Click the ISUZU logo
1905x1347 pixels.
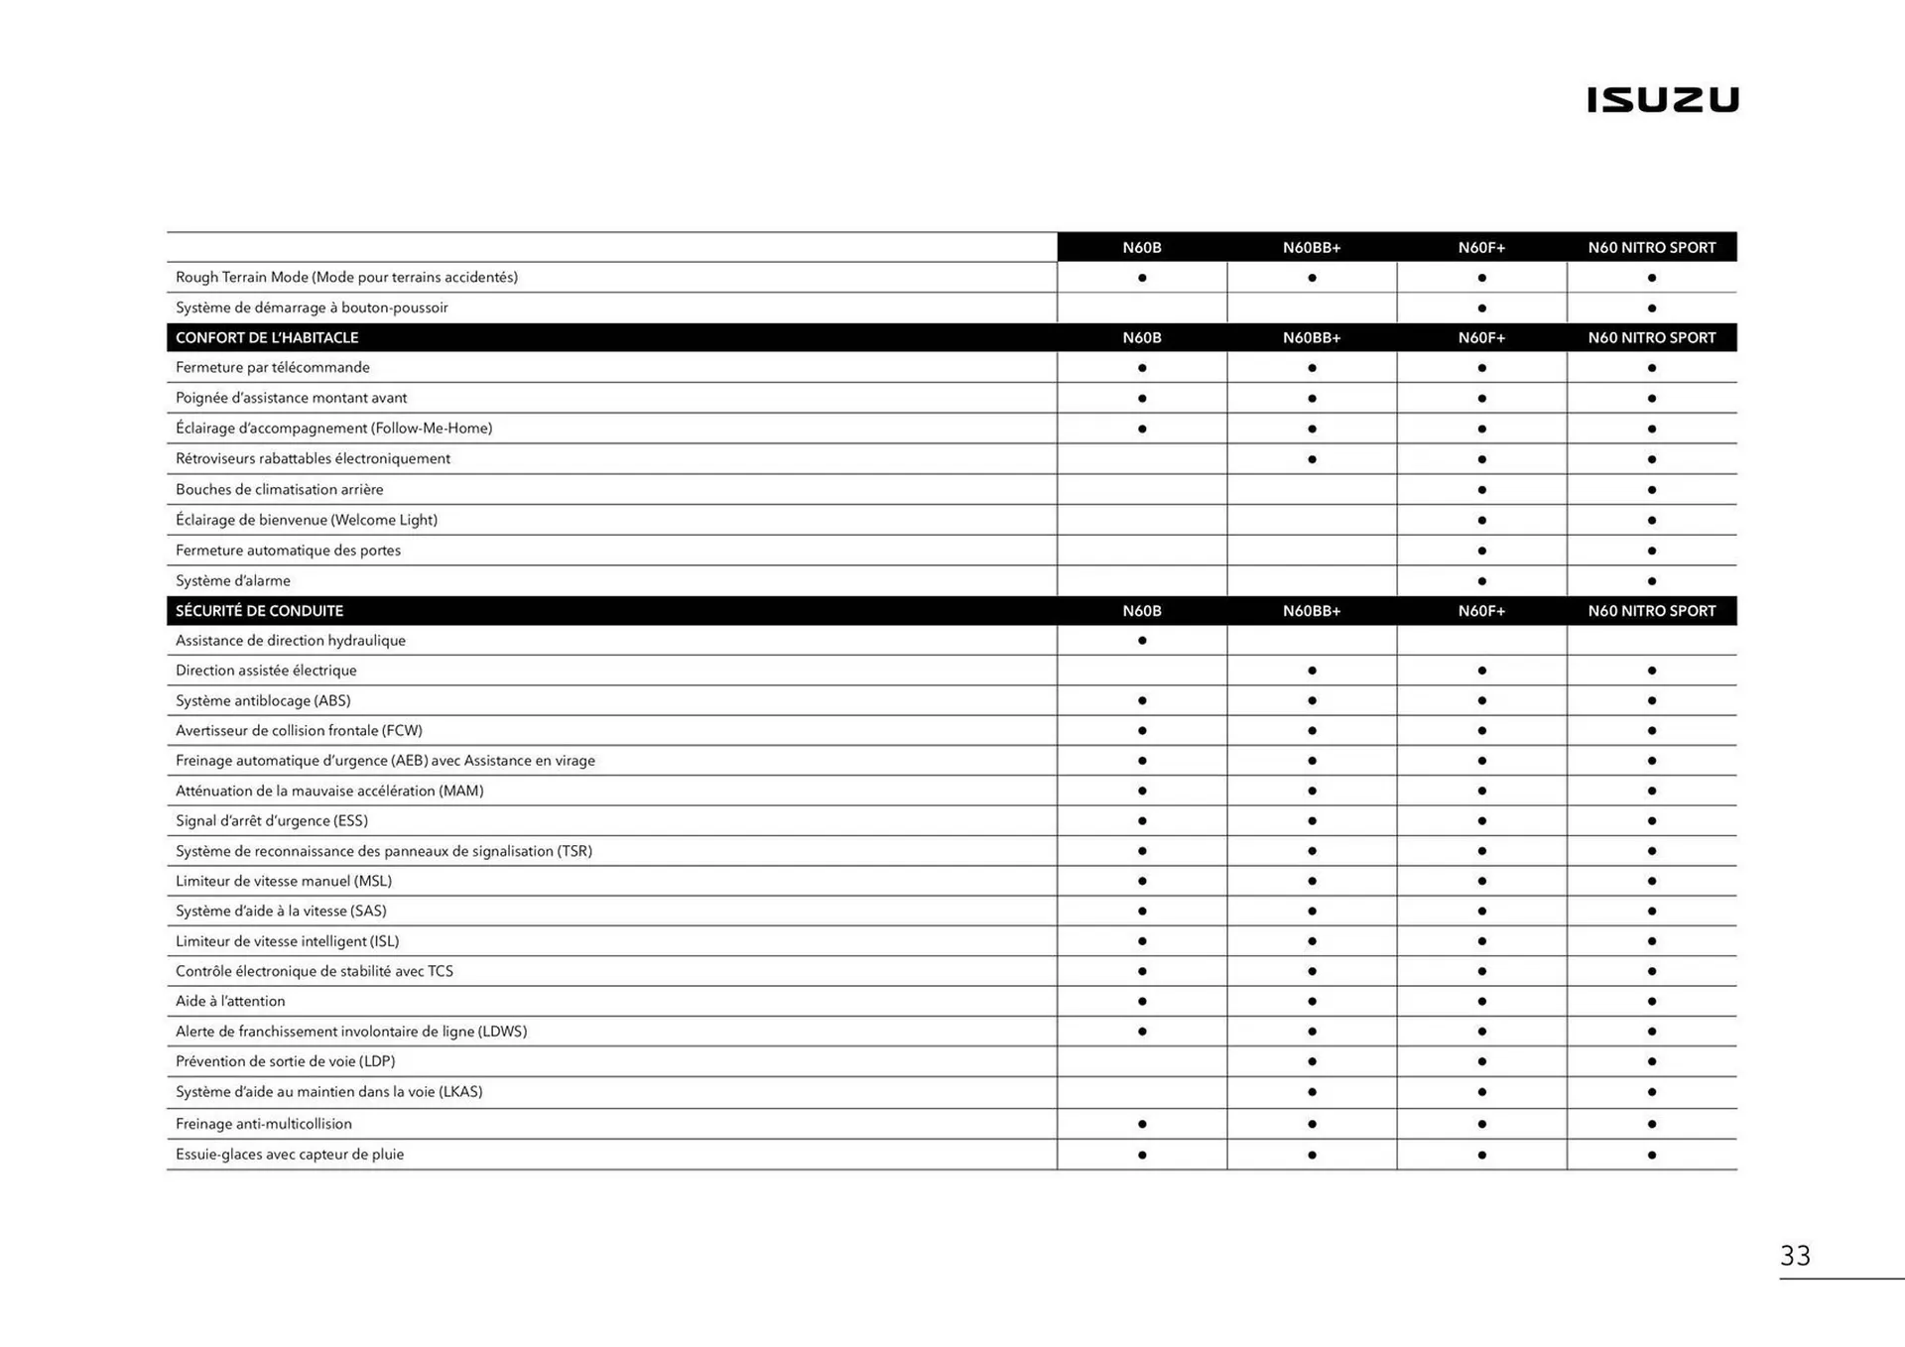[1662, 99]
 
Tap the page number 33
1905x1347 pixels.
[1795, 1256]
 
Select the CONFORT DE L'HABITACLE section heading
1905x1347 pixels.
[267, 337]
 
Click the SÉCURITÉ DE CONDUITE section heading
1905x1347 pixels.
[259, 611]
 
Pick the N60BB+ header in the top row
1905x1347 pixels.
[1312, 248]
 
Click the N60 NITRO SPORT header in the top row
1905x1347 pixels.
[1651, 248]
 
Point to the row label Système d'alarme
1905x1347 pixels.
[233, 580]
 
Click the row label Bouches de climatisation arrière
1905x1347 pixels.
[279, 489]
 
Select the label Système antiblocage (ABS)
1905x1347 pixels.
[263, 700]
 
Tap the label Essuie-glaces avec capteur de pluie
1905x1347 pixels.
[290, 1154]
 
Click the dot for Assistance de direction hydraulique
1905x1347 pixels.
[1142, 641]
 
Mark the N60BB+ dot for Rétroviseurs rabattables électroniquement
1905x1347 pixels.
[1312, 459]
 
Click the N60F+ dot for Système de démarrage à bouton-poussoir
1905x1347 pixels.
[1481, 308]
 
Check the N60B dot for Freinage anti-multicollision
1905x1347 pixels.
[1142, 1124]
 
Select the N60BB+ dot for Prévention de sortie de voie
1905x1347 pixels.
[1312, 1061]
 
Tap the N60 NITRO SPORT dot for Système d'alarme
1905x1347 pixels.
[1651, 581]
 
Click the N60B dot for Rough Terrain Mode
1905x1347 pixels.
[1142, 278]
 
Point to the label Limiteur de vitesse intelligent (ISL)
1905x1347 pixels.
[287, 940]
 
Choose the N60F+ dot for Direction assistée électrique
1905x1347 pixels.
[1481, 671]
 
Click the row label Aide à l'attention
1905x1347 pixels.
[230, 1001]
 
